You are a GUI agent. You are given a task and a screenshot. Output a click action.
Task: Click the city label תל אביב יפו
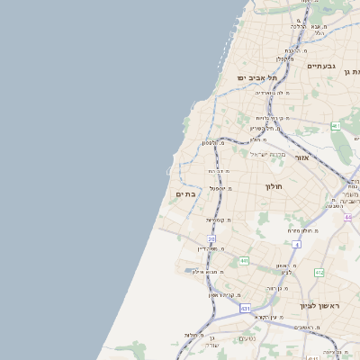click(x=256, y=77)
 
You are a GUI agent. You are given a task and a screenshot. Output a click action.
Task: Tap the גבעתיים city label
click(x=321, y=66)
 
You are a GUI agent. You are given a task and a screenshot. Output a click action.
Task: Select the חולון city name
click(x=274, y=186)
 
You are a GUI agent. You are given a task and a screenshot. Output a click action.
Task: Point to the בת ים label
click(x=185, y=193)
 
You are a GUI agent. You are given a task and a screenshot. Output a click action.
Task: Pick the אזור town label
click(x=301, y=157)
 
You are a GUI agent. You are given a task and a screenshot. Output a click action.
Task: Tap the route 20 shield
click(x=211, y=239)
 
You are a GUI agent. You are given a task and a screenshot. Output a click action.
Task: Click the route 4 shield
click(x=296, y=244)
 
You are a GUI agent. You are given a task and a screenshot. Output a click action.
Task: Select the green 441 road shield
click(x=244, y=261)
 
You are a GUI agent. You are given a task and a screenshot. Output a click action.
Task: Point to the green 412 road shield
click(x=319, y=272)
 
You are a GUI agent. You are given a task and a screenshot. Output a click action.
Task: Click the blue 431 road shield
click(x=245, y=308)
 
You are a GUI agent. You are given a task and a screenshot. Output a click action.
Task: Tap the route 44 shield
click(x=348, y=217)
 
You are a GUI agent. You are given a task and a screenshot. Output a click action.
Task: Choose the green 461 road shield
click(x=336, y=126)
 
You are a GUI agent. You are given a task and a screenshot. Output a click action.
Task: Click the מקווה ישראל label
click(x=265, y=156)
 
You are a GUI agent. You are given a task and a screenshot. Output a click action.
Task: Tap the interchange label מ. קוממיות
click(x=218, y=220)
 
